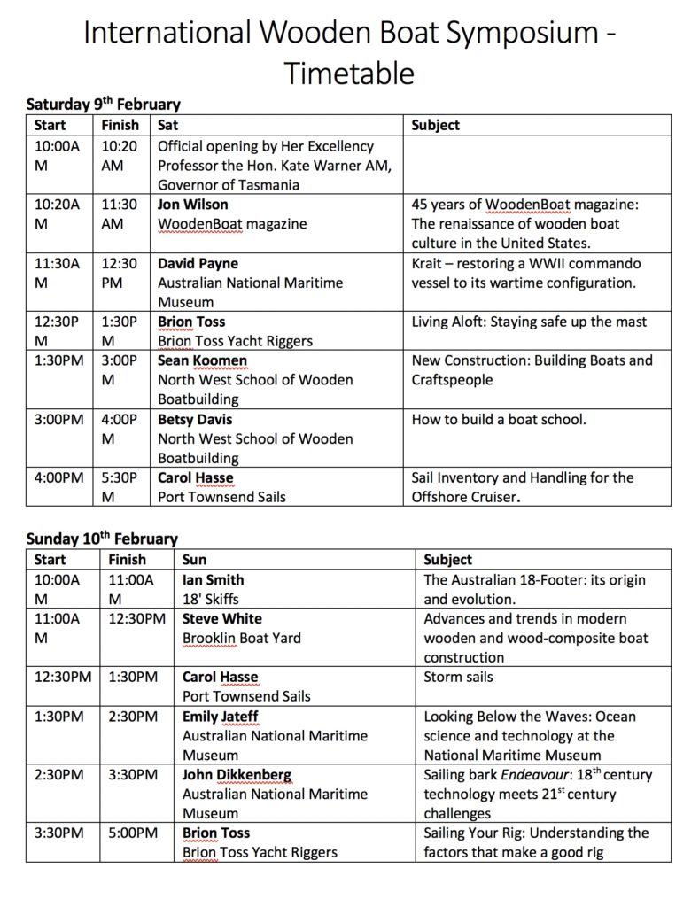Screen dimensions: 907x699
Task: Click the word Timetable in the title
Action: coord(349,73)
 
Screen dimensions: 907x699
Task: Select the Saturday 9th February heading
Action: coord(103,105)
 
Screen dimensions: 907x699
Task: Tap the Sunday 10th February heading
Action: coord(102,539)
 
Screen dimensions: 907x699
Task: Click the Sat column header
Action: coord(168,126)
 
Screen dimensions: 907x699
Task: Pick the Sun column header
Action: coord(194,560)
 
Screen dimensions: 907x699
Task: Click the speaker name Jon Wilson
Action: coord(192,205)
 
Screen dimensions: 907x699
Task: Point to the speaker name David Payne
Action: coord(198,264)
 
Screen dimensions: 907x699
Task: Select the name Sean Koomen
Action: coord(202,360)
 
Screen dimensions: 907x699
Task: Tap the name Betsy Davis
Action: coord(195,419)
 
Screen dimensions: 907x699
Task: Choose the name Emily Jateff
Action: coord(221,717)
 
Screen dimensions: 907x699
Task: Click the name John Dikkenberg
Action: coord(237,775)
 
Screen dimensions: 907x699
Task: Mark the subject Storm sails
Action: coord(459,678)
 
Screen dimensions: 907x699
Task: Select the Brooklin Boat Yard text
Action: coord(241,639)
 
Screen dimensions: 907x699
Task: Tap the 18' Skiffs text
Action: coord(210,600)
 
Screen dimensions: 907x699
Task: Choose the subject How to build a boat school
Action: coord(499,419)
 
